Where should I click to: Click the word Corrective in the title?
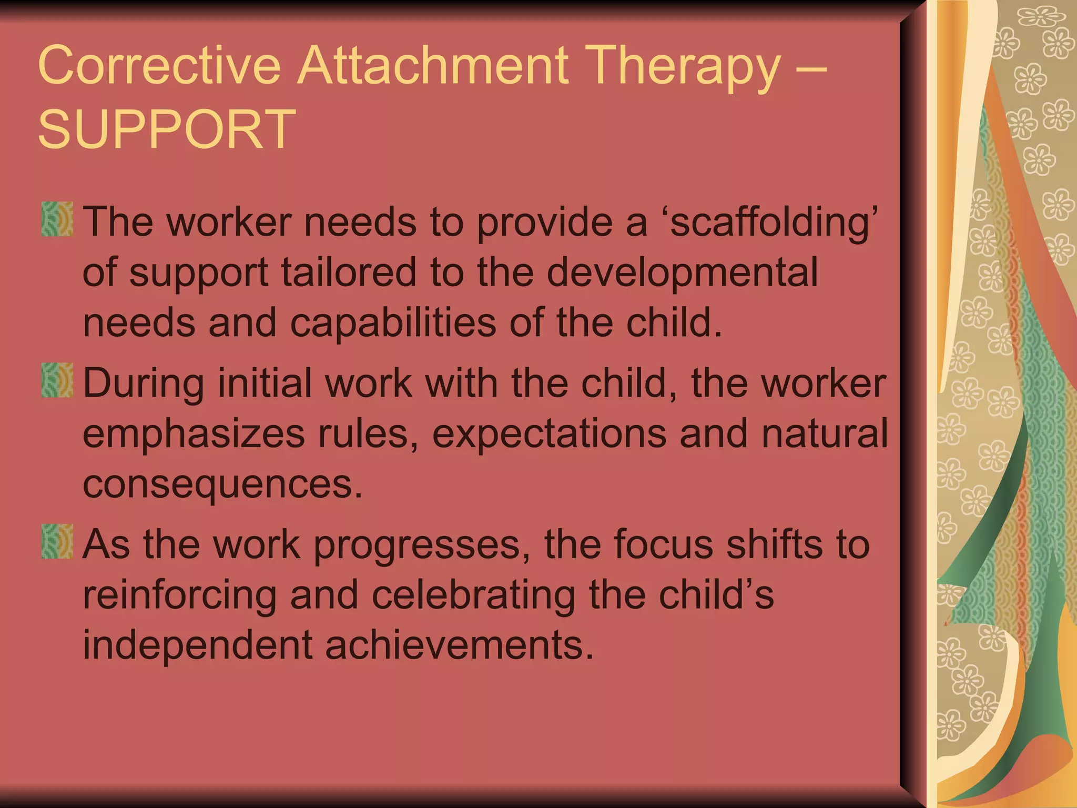click(159, 65)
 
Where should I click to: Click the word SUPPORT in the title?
click(167, 129)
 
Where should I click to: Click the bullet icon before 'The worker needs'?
click(57, 219)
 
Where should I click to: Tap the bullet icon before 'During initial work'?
click(57, 380)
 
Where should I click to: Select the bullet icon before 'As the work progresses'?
click(57, 541)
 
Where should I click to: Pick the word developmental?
click(683, 273)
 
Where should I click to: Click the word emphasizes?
click(194, 435)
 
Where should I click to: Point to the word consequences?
click(222, 484)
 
